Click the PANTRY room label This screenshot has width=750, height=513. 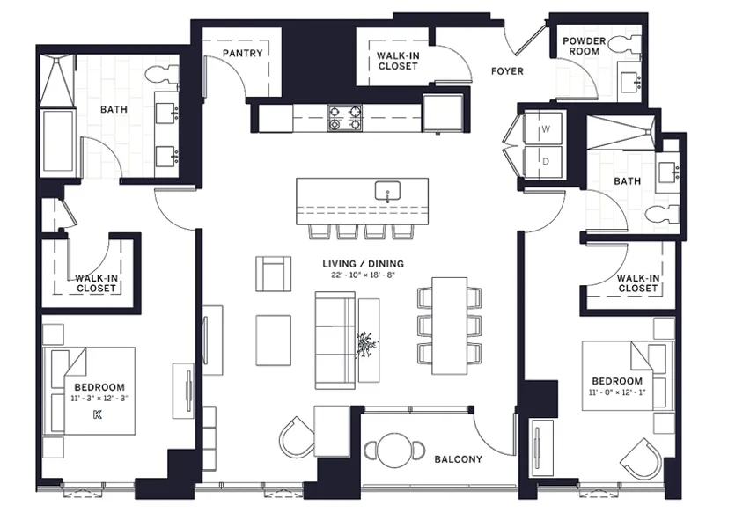point(242,53)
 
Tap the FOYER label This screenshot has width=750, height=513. point(507,71)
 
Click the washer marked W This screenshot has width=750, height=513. point(545,129)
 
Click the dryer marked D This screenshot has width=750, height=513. point(545,161)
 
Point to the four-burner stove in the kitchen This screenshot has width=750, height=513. point(345,117)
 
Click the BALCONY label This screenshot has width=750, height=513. point(458,459)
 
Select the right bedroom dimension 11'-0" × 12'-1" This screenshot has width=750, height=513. point(617,393)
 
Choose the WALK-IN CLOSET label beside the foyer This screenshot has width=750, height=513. point(396,61)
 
